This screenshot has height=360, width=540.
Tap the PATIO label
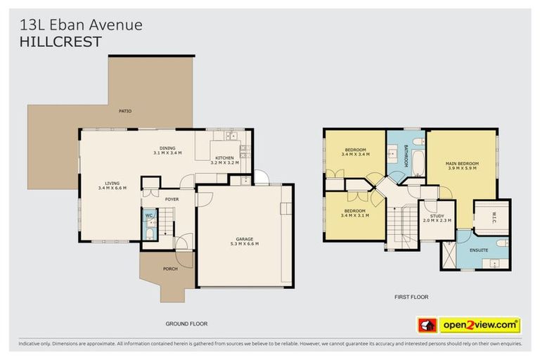coord(125,111)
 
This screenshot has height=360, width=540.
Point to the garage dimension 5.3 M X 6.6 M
coord(244,243)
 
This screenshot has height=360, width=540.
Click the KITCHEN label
coord(225,157)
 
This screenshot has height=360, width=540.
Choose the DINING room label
coord(167,148)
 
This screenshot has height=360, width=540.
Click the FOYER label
coord(172,199)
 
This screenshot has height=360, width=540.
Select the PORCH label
coord(170,268)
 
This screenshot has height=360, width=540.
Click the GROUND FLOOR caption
coord(186,323)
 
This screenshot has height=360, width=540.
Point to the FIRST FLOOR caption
coord(411,297)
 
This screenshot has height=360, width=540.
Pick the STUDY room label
coord(437,216)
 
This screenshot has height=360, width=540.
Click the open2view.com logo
coord(480,325)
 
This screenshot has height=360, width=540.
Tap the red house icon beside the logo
coord(427,325)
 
